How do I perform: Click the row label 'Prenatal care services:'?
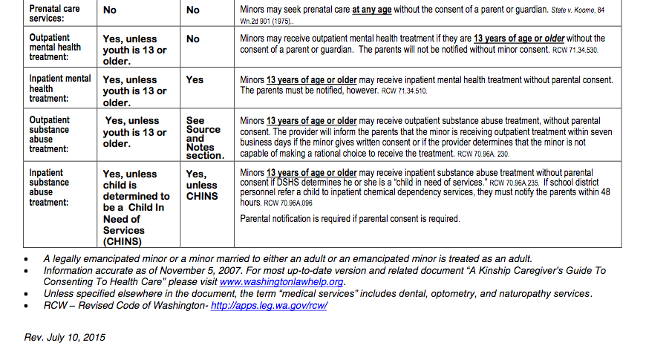point(54,13)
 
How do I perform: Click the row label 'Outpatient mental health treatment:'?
point(56,47)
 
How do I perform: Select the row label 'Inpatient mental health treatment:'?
point(59,88)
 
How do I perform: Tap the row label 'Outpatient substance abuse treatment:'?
point(50,134)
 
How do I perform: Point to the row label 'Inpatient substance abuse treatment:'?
point(49,187)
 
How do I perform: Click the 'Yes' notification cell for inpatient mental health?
point(195,79)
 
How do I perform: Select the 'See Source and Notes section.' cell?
point(204,137)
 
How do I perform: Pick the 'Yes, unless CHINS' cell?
point(201,185)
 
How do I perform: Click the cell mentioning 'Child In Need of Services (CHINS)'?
point(136,207)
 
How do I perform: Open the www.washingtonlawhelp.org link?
point(281,282)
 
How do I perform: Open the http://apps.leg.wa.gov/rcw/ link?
point(269,306)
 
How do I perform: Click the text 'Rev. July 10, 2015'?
point(65,337)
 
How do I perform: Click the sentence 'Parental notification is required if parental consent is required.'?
point(350,219)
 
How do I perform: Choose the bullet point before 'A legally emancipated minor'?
point(27,259)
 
